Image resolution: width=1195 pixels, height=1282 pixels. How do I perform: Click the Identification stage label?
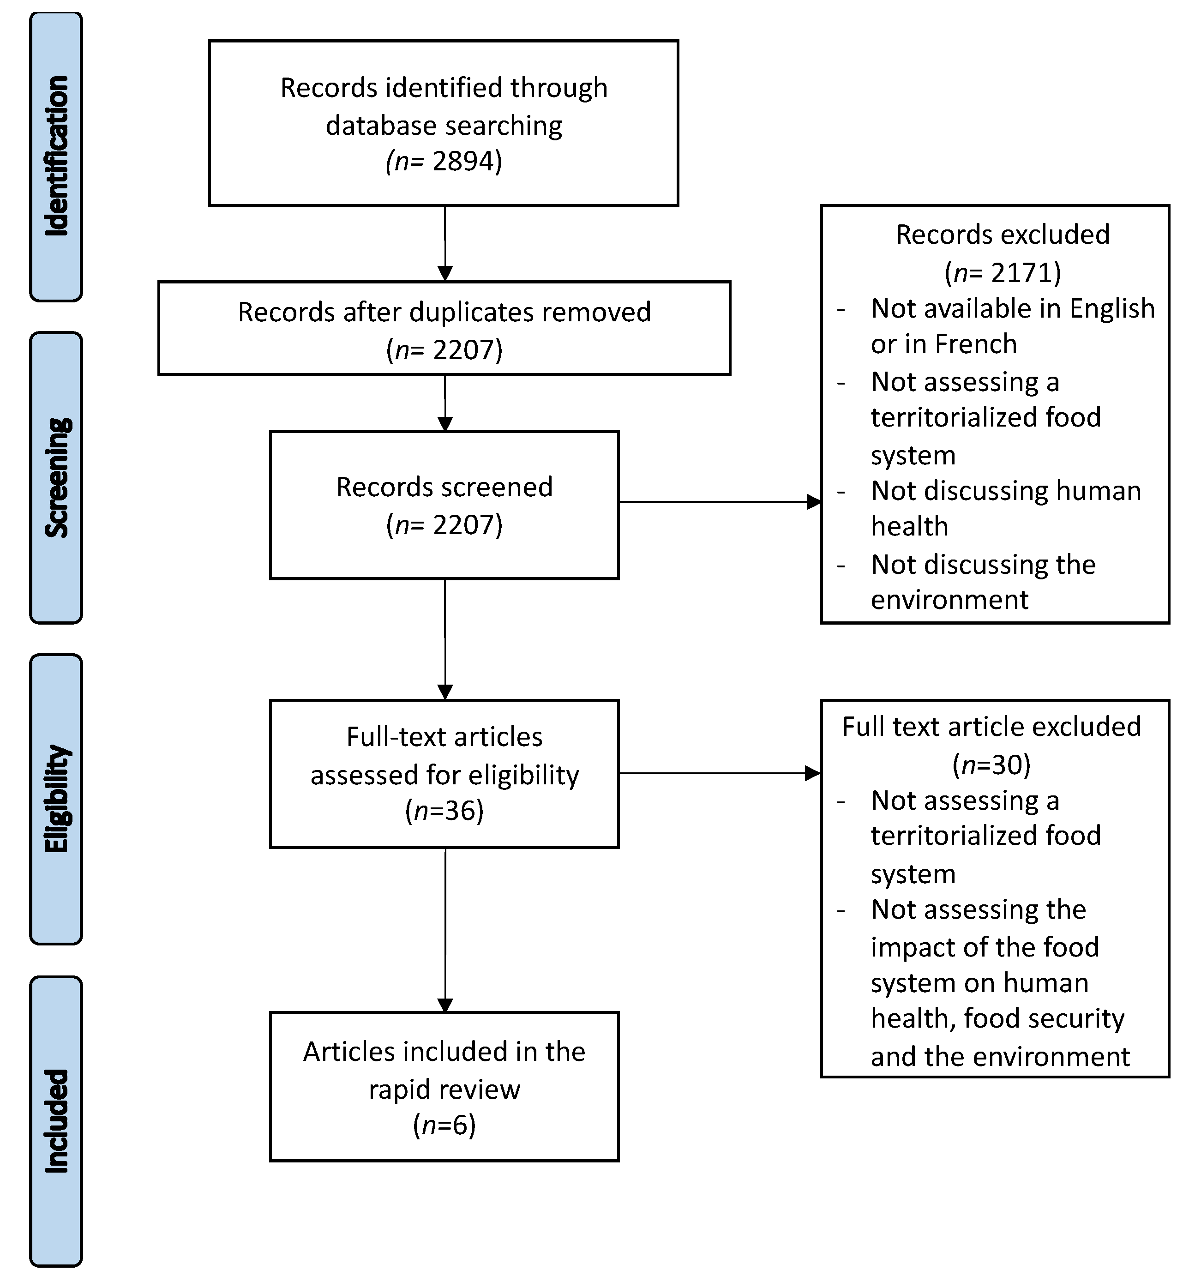(56, 156)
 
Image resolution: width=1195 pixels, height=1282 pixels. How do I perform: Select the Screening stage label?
(56, 478)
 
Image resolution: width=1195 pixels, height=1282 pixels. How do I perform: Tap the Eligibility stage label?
(56, 799)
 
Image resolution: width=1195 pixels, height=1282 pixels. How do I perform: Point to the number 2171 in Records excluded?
(1021, 273)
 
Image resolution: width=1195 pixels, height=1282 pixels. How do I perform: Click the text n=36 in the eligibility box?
(444, 811)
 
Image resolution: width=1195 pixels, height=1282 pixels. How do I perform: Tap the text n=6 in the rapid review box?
(444, 1126)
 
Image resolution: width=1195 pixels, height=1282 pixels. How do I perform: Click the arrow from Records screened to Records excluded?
(719, 502)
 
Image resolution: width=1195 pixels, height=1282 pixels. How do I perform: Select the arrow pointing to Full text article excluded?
(719, 773)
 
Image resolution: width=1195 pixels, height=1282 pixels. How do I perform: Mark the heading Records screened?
(444, 487)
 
